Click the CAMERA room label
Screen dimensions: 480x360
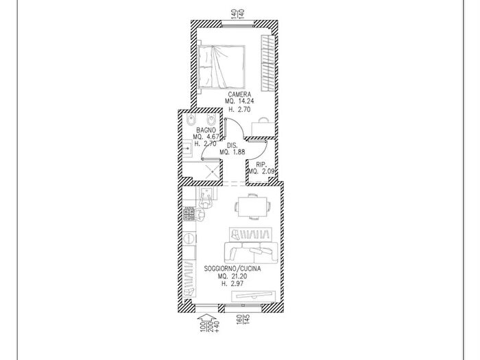(x=239, y=95)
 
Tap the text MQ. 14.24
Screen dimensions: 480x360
(x=239, y=101)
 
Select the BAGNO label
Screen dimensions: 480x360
(x=206, y=130)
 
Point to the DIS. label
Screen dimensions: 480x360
(x=232, y=145)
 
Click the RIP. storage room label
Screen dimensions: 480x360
(x=261, y=165)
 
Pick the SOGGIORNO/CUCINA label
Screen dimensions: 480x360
(x=232, y=269)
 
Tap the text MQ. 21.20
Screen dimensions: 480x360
(x=232, y=276)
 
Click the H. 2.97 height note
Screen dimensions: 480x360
(x=232, y=283)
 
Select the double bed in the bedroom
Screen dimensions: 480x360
(x=221, y=67)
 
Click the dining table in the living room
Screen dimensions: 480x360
(x=252, y=206)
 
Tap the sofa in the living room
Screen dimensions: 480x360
(x=251, y=252)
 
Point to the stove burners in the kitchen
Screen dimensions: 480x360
(x=189, y=214)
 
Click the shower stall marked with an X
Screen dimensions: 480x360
(x=211, y=171)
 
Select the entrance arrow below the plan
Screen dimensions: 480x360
(x=206, y=318)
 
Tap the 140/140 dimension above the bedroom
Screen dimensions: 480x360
(x=237, y=14)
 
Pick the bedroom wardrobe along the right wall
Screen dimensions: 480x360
(x=268, y=63)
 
